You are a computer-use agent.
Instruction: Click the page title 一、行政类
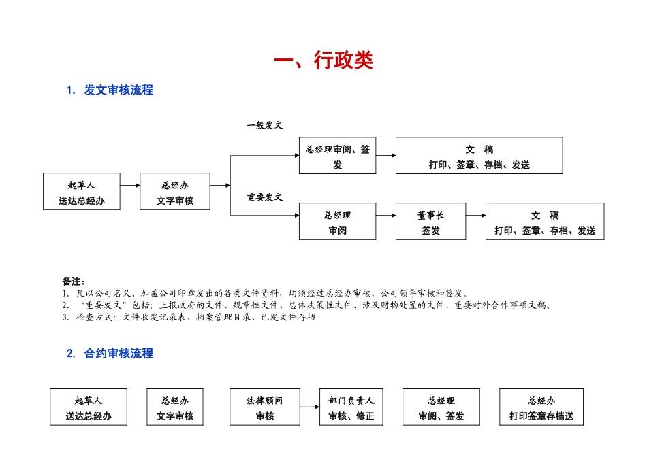(x=323, y=61)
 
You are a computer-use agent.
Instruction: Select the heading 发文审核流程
(x=119, y=90)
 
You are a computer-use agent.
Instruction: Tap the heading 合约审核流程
(x=119, y=353)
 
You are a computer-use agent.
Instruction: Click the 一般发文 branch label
(x=265, y=125)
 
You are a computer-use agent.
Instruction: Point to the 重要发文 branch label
(x=265, y=197)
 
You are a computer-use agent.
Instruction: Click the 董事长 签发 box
(x=430, y=222)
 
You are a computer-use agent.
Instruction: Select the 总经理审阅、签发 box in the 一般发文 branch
(x=337, y=156)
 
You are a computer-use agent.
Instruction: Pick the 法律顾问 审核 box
(x=265, y=407)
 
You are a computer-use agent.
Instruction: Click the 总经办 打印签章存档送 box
(x=541, y=407)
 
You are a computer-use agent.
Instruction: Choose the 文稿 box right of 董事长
(x=544, y=222)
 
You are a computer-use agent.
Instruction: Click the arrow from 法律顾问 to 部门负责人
(x=310, y=407)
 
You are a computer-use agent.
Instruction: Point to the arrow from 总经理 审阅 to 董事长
(x=385, y=216)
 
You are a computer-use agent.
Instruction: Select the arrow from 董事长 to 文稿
(x=475, y=216)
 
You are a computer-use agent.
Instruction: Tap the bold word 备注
(x=73, y=281)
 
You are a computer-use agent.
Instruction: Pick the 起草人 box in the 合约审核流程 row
(x=89, y=407)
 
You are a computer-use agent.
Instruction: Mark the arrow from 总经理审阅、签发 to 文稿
(x=385, y=155)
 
